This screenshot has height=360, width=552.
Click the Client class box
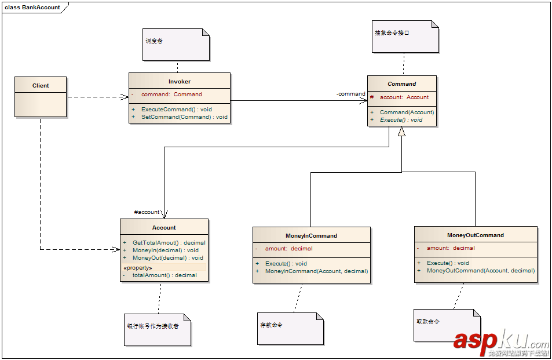click(41, 97)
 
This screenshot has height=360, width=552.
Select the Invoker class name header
click(180, 82)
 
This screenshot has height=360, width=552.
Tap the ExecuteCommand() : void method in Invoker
click(176, 109)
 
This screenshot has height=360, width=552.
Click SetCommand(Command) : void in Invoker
click(184, 117)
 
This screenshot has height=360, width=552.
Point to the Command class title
click(401, 83)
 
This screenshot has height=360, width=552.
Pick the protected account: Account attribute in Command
click(404, 97)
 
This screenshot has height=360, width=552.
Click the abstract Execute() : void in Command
click(401, 120)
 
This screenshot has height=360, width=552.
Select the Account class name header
click(164, 227)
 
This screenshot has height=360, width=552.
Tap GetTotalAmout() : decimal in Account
click(169, 243)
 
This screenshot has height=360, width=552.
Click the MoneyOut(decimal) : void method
click(167, 258)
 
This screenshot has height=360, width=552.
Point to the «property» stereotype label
click(138, 268)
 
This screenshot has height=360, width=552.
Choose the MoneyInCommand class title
click(311, 236)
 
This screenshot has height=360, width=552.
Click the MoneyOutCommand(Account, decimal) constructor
click(480, 271)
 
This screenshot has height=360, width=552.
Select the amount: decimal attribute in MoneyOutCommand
click(450, 248)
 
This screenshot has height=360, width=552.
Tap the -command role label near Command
click(351, 94)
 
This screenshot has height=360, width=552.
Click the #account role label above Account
click(147, 212)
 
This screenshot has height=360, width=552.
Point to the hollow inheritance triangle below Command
click(401, 132)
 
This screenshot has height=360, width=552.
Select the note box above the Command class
click(405, 36)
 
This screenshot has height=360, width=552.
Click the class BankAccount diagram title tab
click(33, 8)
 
